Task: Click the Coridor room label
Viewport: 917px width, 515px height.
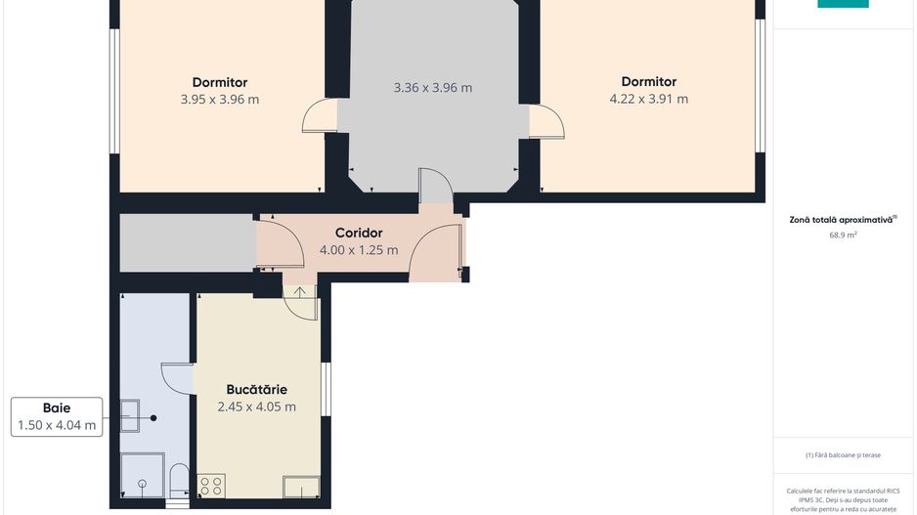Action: [x=359, y=233]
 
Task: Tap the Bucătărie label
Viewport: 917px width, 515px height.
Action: [x=257, y=389]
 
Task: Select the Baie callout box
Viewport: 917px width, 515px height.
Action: [x=57, y=417]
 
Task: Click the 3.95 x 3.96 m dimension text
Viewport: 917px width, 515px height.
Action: [x=220, y=100]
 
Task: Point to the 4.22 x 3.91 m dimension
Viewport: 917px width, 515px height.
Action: [x=649, y=99]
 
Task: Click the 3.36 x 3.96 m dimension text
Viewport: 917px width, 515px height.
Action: [x=433, y=88]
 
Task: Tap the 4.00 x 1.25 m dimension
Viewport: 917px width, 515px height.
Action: [x=359, y=250]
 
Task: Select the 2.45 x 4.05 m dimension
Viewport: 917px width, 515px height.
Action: [x=257, y=407]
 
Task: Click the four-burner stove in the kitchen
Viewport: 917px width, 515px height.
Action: [x=211, y=486]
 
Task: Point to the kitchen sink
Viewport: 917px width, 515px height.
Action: [x=301, y=487]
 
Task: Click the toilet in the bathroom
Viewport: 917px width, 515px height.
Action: [x=179, y=481]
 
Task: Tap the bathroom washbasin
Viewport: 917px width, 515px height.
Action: [x=130, y=415]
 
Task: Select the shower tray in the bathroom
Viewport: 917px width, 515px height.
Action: [x=142, y=475]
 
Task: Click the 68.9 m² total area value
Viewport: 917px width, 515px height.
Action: [x=843, y=235]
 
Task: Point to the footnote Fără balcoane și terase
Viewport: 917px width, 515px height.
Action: [x=843, y=454]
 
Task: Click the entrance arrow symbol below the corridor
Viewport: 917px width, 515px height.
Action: [x=299, y=291]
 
